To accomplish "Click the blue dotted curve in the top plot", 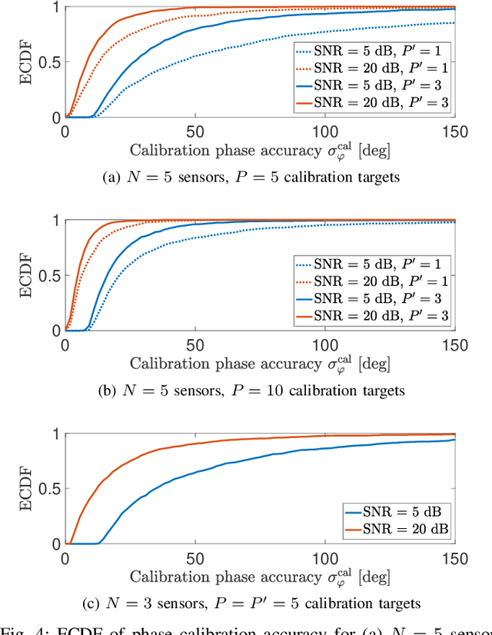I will tap(231, 52).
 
